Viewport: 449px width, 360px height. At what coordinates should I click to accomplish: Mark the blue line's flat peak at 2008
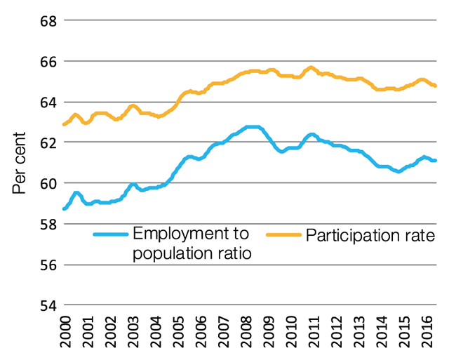[x=253, y=127]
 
